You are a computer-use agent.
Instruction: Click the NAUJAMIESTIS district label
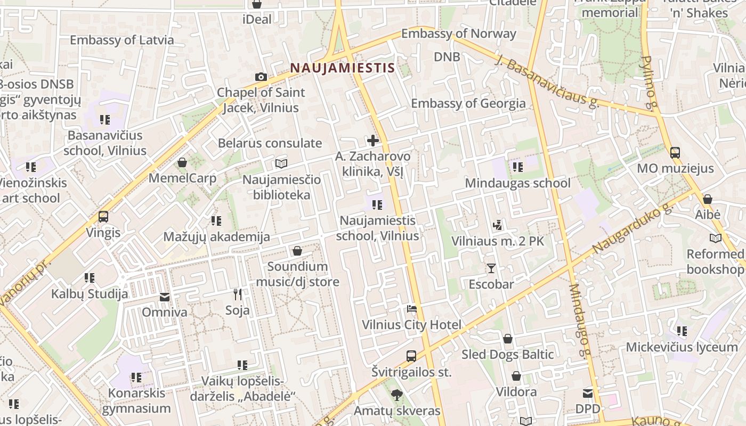pyautogui.click(x=342, y=68)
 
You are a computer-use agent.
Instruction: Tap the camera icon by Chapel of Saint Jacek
pyautogui.click(x=261, y=77)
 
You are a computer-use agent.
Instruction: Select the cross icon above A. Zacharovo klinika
pyautogui.click(x=373, y=141)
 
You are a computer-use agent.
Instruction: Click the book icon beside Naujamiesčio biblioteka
pyautogui.click(x=281, y=163)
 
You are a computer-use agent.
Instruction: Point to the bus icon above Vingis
pyautogui.click(x=103, y=217)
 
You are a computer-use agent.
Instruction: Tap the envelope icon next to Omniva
pyautogui.click(x=165, y=297)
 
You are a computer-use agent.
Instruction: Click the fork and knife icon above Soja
pyautogui.click(x=238, y=294)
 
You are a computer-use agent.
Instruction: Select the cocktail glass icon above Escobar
pyautogui.click(x=491, y=268)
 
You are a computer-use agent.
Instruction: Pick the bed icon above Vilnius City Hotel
pyautogui.click(x=411, y=308)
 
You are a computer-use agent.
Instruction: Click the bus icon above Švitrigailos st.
pyautogui.click(x=411, y=356)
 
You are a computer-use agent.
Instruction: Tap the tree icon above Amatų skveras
pyautogui.click(x=396, y=395)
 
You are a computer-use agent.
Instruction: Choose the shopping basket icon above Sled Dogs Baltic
pyautogui.click(x=508, y=339)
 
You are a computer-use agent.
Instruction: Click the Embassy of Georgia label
pyautogui.click(x=468, y=103)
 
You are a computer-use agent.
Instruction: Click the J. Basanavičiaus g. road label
pyautogui.click(x=547, y=81)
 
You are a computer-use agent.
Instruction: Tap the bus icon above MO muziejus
pyautogui.click(x=675, y=153)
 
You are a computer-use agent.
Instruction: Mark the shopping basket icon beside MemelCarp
pyautogui.click(x=182, y=162)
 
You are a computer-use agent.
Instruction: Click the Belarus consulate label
pyautogui.click(x=270, y=143)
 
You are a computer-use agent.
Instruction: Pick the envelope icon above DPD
pyautogui.click(x=588, y=394)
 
